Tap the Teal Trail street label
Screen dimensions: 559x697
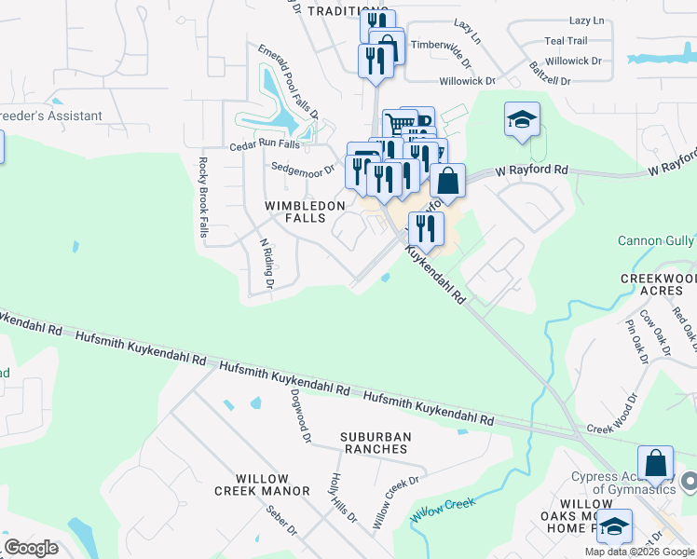566,41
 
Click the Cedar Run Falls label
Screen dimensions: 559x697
266,146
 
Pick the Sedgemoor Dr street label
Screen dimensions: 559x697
302,170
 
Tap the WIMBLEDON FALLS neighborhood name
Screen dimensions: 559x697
306,211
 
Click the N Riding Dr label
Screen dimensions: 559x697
267,262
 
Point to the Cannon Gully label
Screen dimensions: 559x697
656,241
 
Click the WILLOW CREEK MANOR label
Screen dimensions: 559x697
260,484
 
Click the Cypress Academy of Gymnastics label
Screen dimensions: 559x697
623,484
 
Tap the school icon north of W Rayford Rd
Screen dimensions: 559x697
522,119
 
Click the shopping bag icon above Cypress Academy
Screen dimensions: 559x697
655,461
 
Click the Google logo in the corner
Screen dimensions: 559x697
31,548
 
